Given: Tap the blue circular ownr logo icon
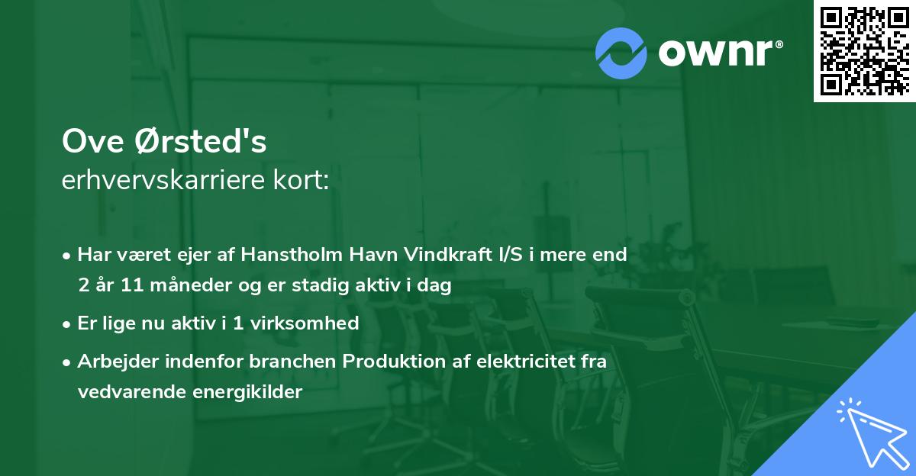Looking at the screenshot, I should (621, 53).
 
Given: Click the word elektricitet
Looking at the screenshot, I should (513, 361).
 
